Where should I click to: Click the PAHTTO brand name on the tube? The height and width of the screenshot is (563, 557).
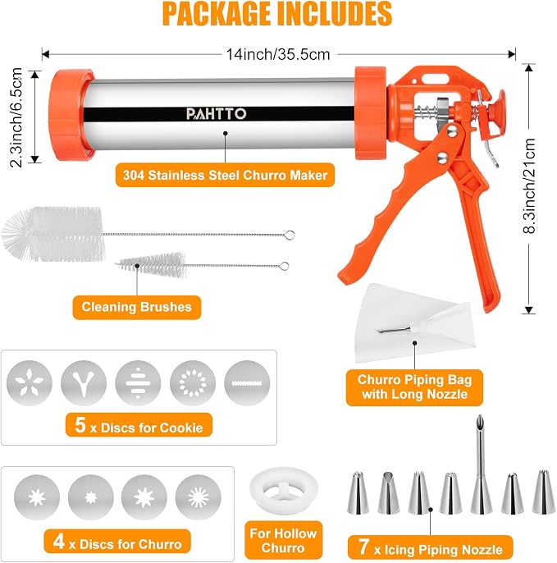click(x=216, y=114)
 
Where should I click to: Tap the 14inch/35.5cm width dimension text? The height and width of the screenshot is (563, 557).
click(x=278, y=54)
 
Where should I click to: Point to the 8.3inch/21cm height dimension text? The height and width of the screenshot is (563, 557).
click(x=529, y=186)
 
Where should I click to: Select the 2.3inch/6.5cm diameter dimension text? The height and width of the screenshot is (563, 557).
click(x=16, y=117)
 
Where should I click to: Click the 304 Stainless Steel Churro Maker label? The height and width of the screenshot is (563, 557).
click(x=225, y=176)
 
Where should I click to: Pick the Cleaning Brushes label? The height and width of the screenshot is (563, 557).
click(x=137, y=307)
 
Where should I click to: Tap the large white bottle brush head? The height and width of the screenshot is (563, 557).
click(x=53, y=233)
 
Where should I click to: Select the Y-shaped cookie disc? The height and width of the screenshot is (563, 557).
click(x=84, y=383)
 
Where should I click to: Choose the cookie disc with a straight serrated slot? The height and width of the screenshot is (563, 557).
click(x=247, y=383)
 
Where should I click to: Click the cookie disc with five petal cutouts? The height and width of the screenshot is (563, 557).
click(x=30, y=383)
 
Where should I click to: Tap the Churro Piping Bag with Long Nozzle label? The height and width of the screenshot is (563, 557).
click(x=414, y=387)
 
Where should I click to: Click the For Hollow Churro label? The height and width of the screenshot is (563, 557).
click(x=283, y=540)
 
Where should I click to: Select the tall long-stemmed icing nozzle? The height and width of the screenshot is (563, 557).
click(x=481, y=464)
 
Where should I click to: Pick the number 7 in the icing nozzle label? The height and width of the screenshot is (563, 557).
click(x=363, y=547)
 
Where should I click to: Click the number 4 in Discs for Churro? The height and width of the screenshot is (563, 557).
click(x=59, y=541)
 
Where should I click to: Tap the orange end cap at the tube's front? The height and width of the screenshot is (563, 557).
click(x=71, y=115)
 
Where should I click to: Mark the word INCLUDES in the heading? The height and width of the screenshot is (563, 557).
click(x=334, y=14)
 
